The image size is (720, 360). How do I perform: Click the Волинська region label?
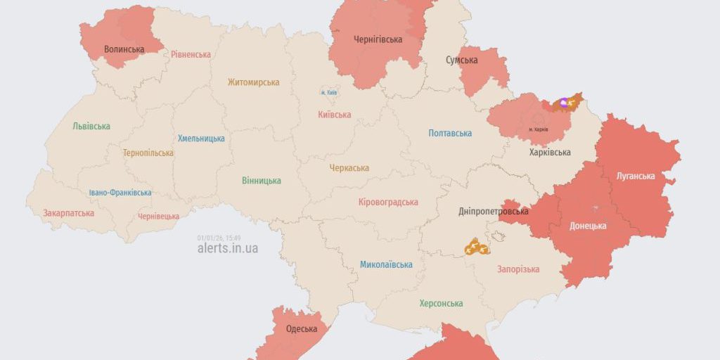click(124, 49)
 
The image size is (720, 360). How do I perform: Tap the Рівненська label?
click(191, 55)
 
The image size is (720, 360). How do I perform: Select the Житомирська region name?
click(253, 82)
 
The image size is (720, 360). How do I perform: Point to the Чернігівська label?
click(378, 39)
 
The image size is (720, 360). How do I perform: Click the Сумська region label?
click(461, 60)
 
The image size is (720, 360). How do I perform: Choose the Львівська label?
click(91, 127)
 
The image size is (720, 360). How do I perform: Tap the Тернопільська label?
click(148, 153)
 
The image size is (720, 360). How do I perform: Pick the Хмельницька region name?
click(201, 139)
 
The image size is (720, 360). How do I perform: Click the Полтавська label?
click(450, 133)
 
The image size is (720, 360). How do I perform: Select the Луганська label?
click(635, 176)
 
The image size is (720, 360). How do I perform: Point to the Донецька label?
click(588, 226)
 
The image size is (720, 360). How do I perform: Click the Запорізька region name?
click(518, 269)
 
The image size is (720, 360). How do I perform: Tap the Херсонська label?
click(441, 304)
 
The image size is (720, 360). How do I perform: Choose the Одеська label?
click(301, 329)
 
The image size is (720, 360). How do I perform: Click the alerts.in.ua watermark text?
click(227, 249)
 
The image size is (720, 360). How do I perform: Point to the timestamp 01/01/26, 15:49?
click(219, 238)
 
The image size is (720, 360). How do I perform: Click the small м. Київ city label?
click(328, 93)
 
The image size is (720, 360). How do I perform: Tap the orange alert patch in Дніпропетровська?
click(476, 247)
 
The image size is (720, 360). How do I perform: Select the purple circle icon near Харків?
click(563, 102)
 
